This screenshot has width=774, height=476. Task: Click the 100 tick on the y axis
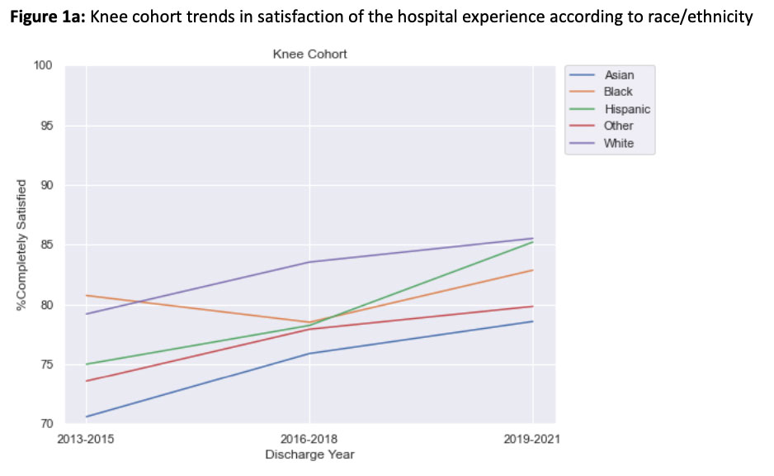[x=43, y=66]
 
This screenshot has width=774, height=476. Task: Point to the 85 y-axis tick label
[x=46, y=245]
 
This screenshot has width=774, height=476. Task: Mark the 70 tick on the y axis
[x=46, y=425]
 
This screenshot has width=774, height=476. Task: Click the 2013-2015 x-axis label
[x=86, y=439]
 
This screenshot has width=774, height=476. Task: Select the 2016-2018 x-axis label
[x=309, y=439]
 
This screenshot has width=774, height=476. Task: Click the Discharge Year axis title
[x=309, y=454]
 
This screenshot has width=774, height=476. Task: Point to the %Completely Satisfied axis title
[x=21, y=245]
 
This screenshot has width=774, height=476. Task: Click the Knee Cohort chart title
[x=309, y=55]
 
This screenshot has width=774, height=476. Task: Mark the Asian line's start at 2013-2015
[x=86, y=416]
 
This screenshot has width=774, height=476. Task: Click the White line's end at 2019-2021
[x=532, y=238]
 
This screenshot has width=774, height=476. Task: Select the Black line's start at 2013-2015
[x=86, y=295]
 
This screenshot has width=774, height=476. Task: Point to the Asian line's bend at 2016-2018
[x=309, y=353]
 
